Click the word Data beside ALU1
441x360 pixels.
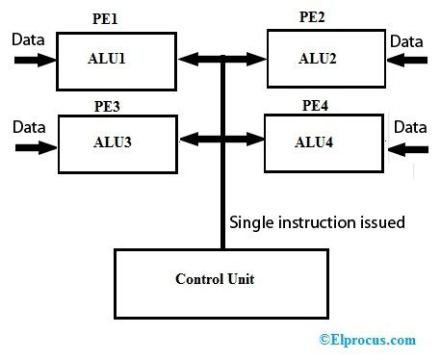click(x=27, y=39)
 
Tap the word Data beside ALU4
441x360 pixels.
click(x=409, y=126)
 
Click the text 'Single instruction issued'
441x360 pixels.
click(x=317, y=222)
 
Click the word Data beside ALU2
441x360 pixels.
click(x=406, y=40)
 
